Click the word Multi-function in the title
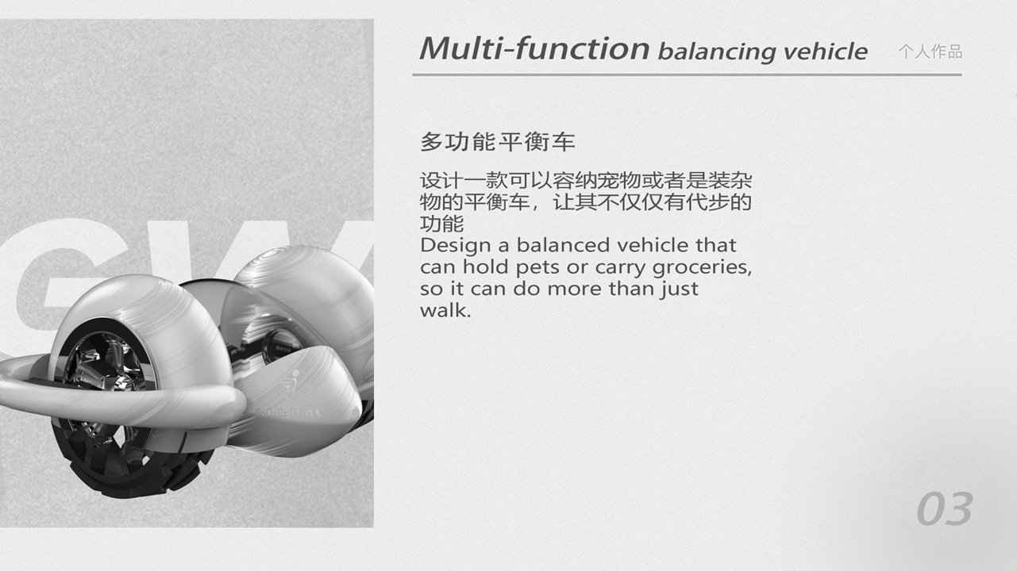pos(534,49)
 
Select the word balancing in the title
pos(716,52)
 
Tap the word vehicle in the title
pos(825,52)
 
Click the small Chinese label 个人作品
pos(930,52)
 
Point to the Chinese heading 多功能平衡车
pos(497,143)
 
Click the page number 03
pos(944,509)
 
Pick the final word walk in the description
pos(445,310)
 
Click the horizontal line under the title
pos(687,75)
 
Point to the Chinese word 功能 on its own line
pos(441,223)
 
